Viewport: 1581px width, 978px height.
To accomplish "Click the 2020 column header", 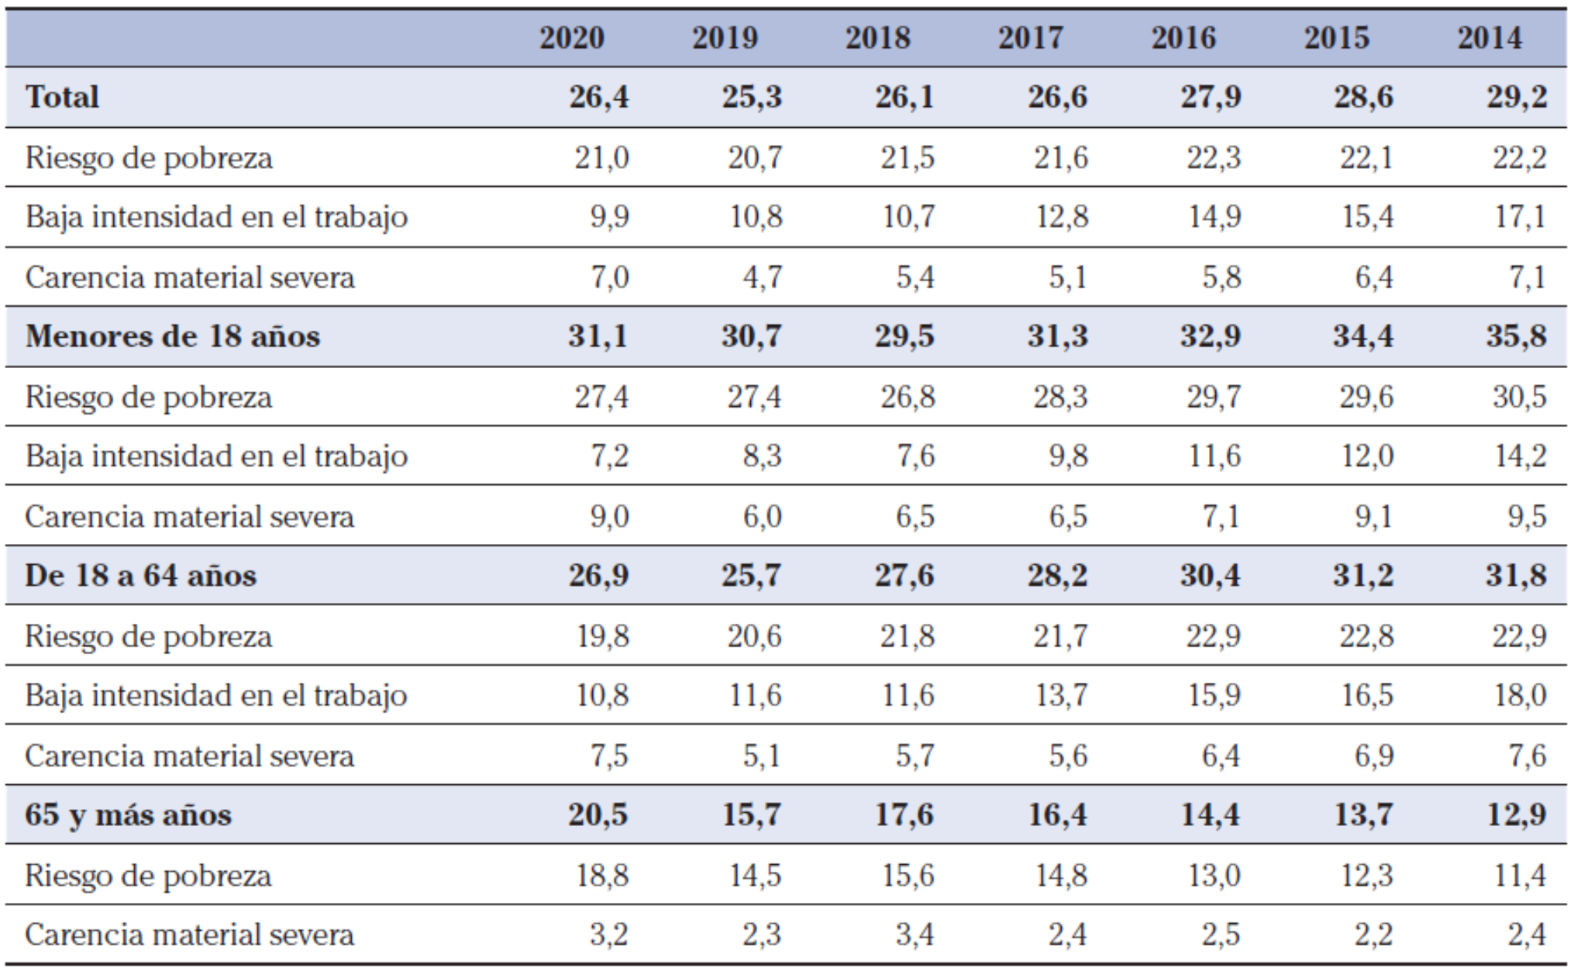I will click(571, 38).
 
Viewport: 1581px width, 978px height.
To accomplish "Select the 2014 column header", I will click(1489, 38).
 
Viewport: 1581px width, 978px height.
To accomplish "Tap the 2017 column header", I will click(1030, 38).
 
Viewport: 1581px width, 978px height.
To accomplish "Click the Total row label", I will click(62, 97).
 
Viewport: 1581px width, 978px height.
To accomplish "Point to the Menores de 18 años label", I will click(172, 336).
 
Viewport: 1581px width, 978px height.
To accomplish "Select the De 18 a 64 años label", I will click(140, 576).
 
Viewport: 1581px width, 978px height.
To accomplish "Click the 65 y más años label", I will click(128, 814).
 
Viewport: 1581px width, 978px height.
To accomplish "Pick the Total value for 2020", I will click(598, 97).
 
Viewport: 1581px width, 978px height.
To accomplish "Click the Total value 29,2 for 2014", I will click(1516, 97).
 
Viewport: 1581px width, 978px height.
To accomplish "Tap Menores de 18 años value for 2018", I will click(904, 336).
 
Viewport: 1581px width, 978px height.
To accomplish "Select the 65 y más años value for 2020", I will click(598, 814).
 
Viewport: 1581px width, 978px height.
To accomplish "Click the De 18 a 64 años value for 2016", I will click(1210, 576).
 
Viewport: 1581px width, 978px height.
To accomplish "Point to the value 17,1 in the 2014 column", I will click(1520, 217).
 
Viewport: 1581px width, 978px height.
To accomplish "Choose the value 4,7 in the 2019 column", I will click(763, 277).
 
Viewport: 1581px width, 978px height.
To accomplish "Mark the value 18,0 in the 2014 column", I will click(1520, 695).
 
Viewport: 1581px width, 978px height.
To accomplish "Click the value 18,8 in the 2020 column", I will click(602, 876).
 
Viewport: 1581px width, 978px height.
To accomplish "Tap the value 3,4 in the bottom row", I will click(914, 935).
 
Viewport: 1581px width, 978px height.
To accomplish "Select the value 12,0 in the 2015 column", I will click(1367, 456).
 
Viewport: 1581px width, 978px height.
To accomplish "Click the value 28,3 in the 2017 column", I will click(1059, 397).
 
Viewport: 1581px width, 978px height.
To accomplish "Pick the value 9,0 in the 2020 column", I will click(609, 517).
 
